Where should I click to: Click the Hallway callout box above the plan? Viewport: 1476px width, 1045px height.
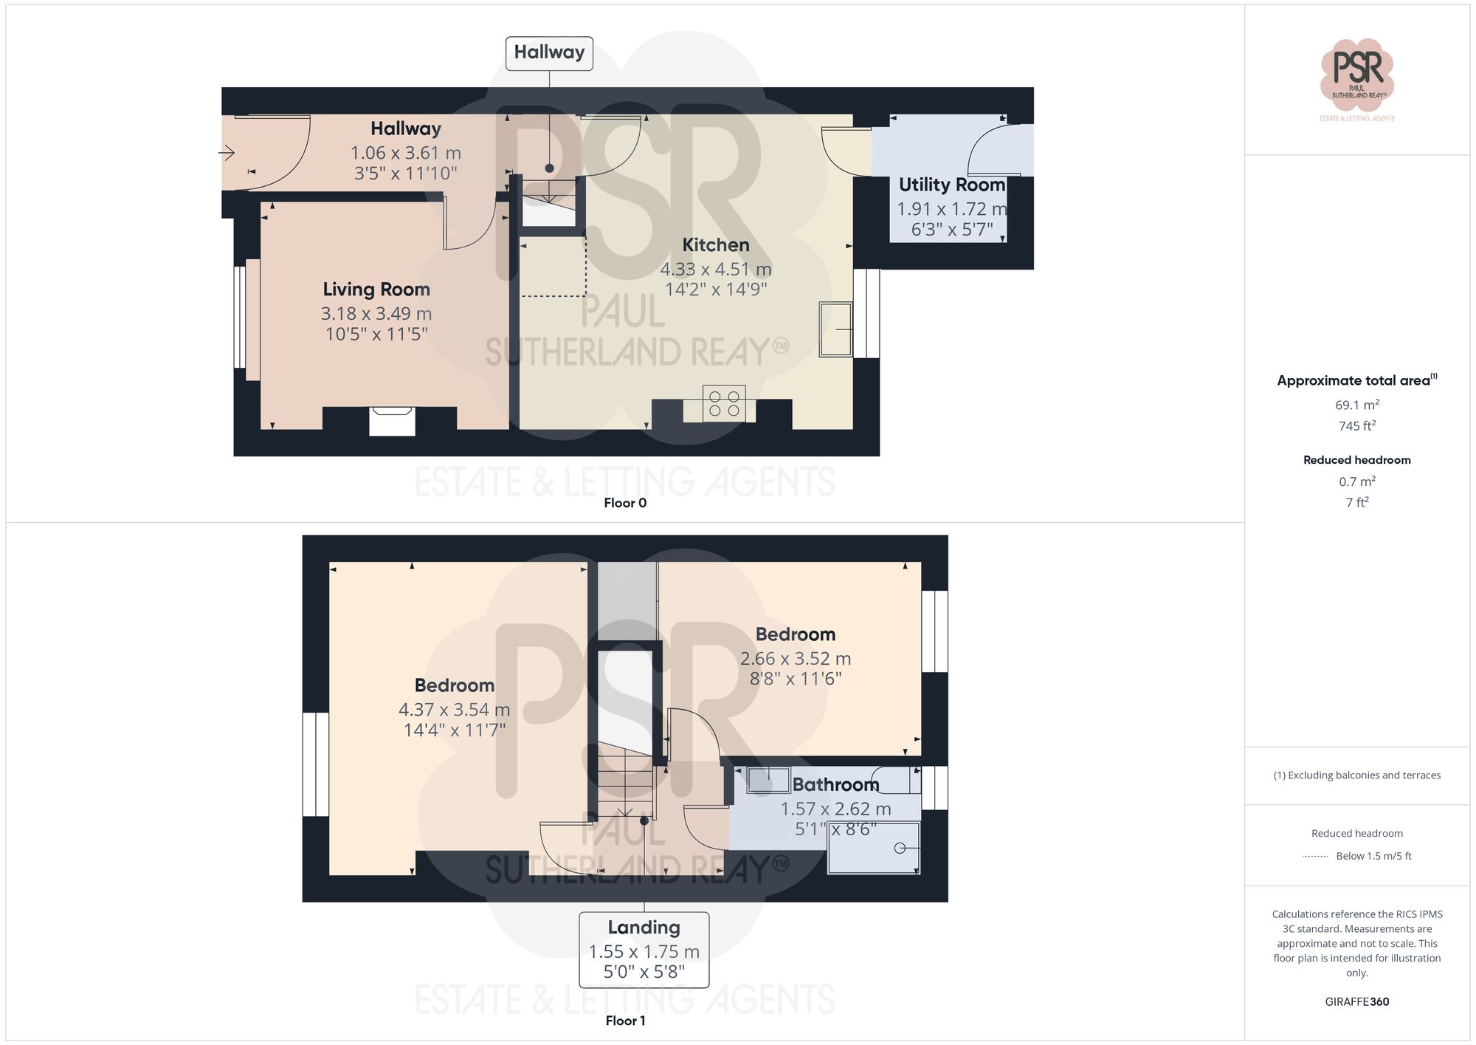[x=549, y=53]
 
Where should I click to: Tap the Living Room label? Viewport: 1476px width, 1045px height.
[x=376, y=289]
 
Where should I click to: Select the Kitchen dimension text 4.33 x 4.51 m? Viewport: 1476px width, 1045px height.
[x=715, y=269]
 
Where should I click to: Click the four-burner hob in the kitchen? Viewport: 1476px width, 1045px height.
[x=724, y=403]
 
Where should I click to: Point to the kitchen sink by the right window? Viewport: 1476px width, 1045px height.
[x=835, y=329]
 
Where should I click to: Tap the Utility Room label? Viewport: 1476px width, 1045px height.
[x=951, y=185]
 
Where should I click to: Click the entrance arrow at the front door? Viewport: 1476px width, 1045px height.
[x=227, y=153]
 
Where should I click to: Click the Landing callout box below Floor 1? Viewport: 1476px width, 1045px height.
[x=644, y=950]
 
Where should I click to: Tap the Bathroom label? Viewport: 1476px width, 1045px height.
[x=835, y=784]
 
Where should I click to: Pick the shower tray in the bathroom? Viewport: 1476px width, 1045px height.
[x=874, y=848]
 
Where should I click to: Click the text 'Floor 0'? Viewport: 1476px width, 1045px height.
[x=625, y=503]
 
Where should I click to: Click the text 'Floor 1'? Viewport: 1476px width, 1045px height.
[x=625, y=1021]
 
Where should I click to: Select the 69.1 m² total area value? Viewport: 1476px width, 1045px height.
[x=1356, y=405]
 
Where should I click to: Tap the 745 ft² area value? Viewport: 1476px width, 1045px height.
[x=1356, y=426]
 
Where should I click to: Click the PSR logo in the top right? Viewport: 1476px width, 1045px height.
[x=1356, y=75]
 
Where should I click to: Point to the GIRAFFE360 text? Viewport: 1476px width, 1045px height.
[x=1356, y=1002]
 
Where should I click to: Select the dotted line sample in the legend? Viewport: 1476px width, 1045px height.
[x=1315, y=857]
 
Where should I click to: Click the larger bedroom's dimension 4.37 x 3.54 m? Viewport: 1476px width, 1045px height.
[x=454, y=710]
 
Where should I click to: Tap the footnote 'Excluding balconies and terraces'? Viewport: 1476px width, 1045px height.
[x=1356, y=775]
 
